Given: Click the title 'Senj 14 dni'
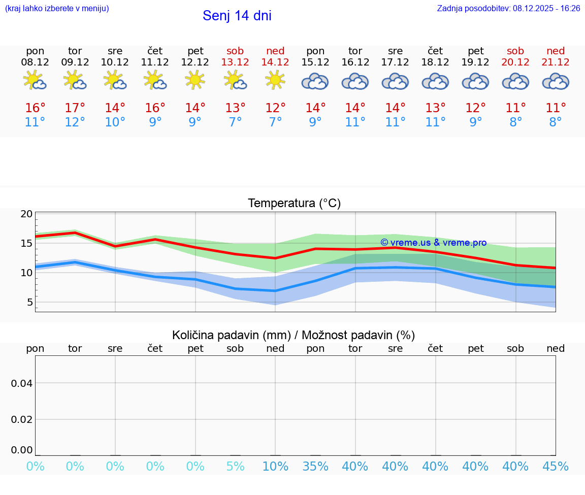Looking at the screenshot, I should (x=237, y=16).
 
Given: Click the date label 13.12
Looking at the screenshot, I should (x=235, y=62).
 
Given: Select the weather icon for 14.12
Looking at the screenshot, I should (x=275, y=80).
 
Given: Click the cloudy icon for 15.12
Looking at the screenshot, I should (x=315, y=81).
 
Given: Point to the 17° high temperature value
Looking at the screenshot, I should (x=75, y=108).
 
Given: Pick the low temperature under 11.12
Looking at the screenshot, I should (x=155, y=122).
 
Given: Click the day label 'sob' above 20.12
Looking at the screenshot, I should (x=515, y=51).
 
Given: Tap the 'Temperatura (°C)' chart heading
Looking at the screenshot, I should (x=294, y=204).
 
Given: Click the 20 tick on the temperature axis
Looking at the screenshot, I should (x=27, y=214).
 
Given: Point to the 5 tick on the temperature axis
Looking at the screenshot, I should (x=30, y=302).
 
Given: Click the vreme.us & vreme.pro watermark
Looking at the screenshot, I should (x=433, y=243).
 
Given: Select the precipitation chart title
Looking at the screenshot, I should (x=294, y=335).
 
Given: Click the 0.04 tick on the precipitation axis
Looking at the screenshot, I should (x=22, y=383).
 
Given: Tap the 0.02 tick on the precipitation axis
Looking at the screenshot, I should (x=22, y=419).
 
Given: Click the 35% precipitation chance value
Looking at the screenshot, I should (x=315, y=467).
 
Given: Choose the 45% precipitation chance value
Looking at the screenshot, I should (x=556, y=467).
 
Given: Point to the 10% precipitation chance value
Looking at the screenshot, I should (x=275, y=467).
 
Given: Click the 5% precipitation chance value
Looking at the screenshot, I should (x=235, y=467).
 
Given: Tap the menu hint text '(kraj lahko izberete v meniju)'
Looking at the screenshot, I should (x=57, y=8).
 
